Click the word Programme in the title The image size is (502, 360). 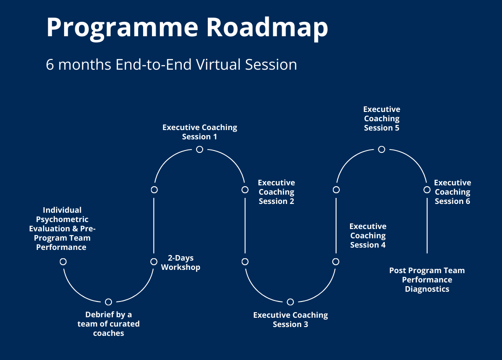[x=122, y=28]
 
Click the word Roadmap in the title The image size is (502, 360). [x=267, y=27]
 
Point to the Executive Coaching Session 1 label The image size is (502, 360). [x=199, y=132]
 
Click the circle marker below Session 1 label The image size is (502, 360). [x=199, y=149]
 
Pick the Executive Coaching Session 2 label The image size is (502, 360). [x=276, y=192]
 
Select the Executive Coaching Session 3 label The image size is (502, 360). [x=291, y=320]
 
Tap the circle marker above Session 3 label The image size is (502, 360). [x=291, y=302]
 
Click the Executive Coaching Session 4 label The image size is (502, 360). [x=368, y=236]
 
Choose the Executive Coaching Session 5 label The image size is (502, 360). [x=382, y=118]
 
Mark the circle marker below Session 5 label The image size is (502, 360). [x=382, y=149]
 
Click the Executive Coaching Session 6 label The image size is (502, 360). [x=452, y=192]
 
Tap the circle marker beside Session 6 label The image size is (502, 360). [x=427, y=190]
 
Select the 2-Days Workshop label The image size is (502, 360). [x=180, y=262]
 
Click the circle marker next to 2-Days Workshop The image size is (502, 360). [x=154, y=262]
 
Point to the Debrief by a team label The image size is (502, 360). [x=108, y=324]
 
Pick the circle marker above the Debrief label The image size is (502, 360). [x=108, y=302]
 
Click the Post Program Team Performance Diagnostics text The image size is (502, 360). [x=427, y=280]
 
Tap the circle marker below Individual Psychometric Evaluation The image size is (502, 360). [x=63, y=262]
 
